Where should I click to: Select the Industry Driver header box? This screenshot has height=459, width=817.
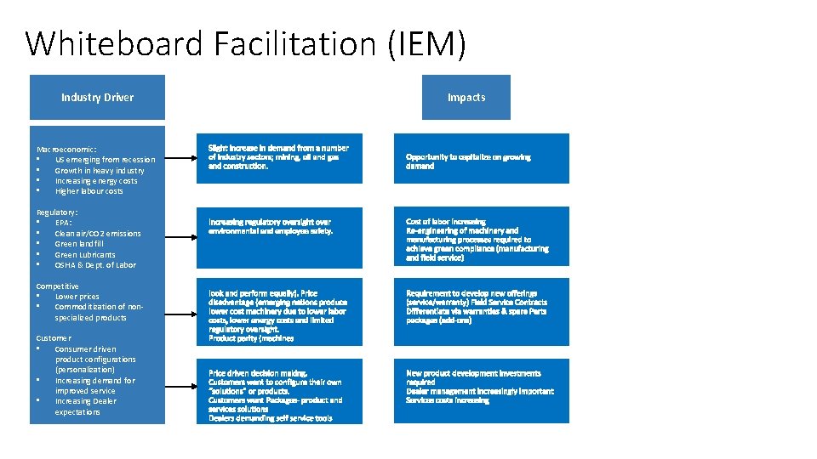(97, 97)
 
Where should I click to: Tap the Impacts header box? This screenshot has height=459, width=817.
(466, 97)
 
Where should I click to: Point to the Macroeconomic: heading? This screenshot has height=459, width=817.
(66, 149)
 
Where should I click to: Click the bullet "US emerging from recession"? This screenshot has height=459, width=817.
(105, 160)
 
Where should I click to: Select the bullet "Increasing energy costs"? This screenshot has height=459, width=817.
(95, 180)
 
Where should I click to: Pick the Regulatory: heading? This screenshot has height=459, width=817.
(57, 212)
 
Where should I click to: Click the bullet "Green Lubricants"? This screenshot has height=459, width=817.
(84, 254)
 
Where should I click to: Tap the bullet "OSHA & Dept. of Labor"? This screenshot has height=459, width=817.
(94, 264)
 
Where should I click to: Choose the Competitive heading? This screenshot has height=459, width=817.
(57, 286)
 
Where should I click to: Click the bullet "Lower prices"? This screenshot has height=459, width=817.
(77, 297)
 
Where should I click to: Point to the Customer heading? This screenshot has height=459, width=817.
(54, 338)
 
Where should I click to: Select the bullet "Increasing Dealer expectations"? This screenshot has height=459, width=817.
(85, 406)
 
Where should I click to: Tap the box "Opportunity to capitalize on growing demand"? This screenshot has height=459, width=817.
(481, 159)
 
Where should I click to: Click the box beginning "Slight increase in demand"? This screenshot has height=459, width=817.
(280, 158)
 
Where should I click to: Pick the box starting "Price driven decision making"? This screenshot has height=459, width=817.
(280, 392)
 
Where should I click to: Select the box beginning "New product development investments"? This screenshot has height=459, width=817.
(481, 391)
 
